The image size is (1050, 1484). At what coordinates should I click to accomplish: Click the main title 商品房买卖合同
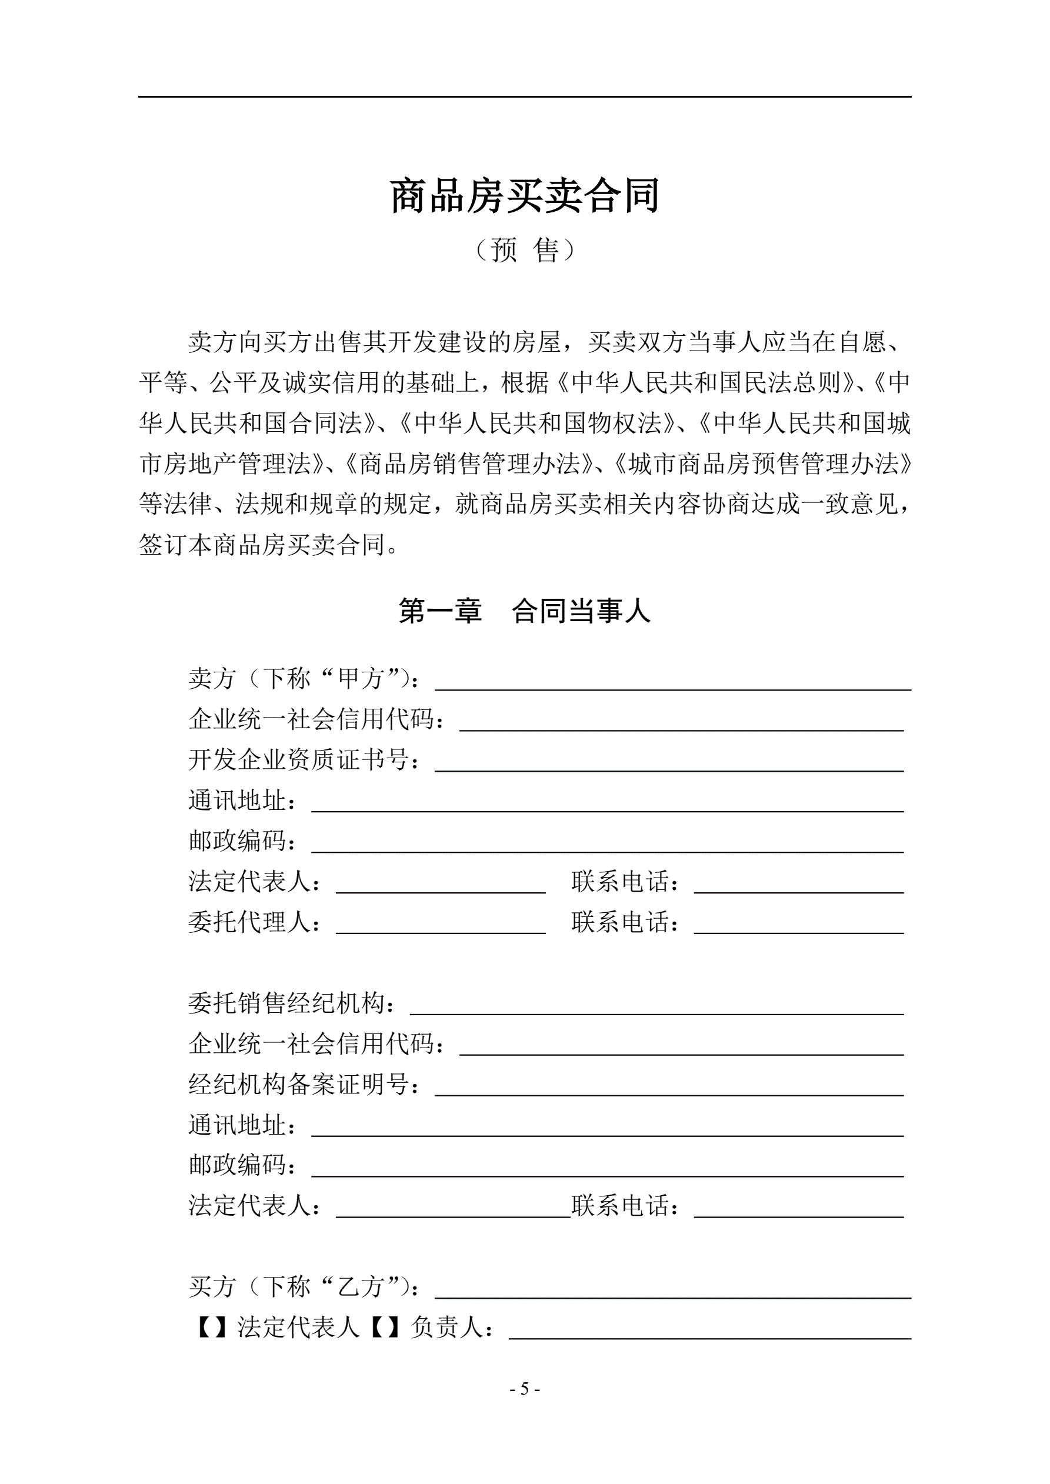pyautogui.click(x=524, y=196)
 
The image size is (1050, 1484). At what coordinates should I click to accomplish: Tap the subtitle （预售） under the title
pyautogui.click(x=524, y=250)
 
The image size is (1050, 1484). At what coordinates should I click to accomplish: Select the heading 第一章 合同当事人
pyautogui.click(x=524, y=611)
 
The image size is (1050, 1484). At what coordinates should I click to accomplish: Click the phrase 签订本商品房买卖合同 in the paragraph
pyautogui.click(x=261, y=545)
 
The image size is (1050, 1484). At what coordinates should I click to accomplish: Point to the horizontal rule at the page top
pyautogui.click(x=524, y=97)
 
